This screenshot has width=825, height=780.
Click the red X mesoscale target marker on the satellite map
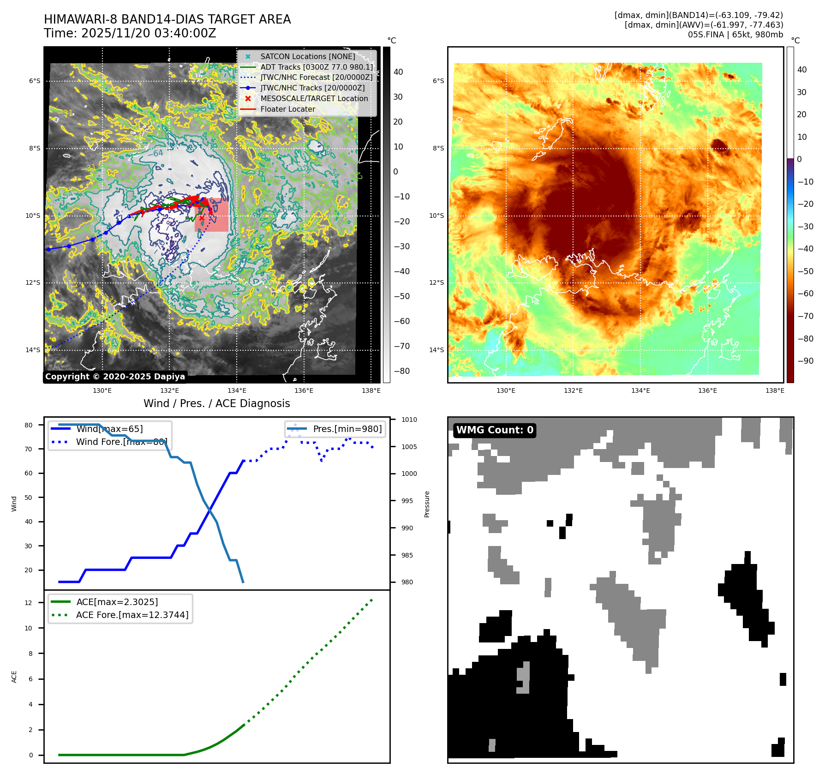202,218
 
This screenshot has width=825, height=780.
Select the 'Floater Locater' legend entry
287,109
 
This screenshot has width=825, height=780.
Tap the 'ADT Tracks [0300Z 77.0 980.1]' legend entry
316,67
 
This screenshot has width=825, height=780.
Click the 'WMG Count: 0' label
494,430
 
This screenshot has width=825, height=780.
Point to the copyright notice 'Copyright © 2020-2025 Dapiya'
115,377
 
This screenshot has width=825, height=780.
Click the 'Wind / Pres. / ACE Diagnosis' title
216,403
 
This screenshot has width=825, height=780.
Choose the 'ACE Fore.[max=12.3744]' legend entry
132,615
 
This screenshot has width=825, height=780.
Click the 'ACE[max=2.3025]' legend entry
117,602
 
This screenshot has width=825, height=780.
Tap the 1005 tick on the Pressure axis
409,447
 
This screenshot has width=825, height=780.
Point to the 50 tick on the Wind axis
29,498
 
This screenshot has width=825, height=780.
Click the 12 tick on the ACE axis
29,603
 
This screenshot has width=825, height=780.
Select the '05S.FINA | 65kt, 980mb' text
735,35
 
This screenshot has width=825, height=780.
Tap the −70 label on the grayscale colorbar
401,346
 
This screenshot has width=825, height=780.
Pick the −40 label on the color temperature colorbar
805,249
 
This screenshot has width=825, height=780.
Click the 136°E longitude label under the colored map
707,390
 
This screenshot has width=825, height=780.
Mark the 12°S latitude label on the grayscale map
33,283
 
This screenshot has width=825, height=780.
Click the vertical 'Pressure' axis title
427,504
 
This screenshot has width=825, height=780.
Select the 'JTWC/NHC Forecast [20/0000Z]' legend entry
316,78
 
